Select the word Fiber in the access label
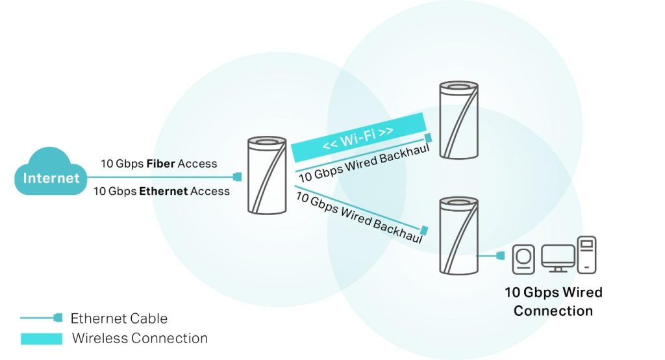(161, 164)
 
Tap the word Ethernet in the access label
(163, 191)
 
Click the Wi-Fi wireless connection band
(358, 136)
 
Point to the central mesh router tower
(267, 175)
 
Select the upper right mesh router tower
(458, 120)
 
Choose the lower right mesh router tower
(458, 236)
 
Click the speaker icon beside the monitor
(523, 259)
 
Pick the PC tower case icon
(586, 255)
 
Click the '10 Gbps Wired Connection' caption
(553, 302)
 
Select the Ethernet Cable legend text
(119, 318)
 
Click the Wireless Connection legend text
(140, 339)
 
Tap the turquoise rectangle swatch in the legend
(42, 339)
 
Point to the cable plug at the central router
(238, 177)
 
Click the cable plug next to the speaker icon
(501, 255)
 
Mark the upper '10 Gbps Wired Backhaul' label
(364, 162)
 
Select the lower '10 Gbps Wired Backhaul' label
(359, 217)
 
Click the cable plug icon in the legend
(58, 318)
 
